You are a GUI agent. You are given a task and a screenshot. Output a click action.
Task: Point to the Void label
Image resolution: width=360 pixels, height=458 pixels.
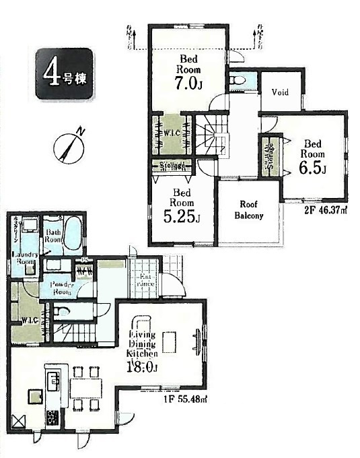click(280, 92)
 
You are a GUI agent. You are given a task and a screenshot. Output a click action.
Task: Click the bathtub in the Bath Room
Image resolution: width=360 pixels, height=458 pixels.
click(73, 232)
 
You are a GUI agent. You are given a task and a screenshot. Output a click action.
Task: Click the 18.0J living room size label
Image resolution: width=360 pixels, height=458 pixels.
click(143, 366)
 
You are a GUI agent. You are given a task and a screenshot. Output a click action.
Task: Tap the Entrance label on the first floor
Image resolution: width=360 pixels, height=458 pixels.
click(145, 280)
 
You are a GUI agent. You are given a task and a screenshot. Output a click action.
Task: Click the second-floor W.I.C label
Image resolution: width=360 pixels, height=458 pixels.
click(172, 132)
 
